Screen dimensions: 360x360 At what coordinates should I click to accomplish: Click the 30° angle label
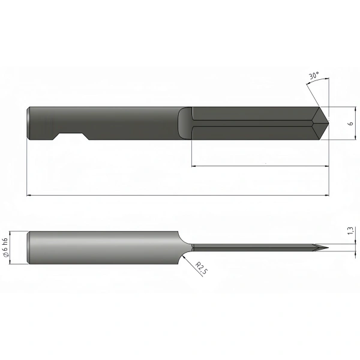314,76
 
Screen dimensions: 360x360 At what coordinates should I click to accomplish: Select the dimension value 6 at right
350,123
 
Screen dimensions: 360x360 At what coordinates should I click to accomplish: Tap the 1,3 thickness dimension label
350,231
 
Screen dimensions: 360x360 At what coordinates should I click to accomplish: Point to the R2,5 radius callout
201,268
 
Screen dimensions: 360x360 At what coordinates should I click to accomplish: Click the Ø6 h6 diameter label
6,247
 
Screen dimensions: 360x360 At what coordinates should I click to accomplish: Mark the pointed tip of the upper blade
329,123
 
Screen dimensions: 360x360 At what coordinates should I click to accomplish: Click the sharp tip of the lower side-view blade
328,247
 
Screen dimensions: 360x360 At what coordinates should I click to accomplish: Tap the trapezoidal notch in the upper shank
71,136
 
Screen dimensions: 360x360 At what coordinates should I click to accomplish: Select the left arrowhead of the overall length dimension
29,196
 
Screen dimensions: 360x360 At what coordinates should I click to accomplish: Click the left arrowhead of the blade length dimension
194,166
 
